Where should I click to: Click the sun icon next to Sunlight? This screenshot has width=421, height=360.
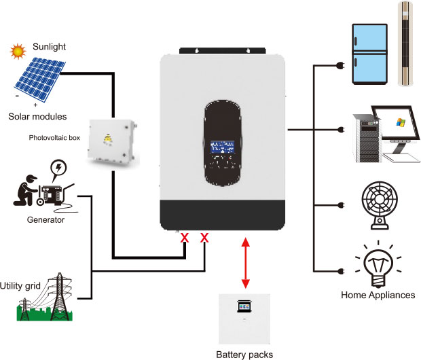[x=18, y=51]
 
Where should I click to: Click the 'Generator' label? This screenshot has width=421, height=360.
[x=44, y=220]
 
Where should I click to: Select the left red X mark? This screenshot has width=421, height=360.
[x=184, y=238]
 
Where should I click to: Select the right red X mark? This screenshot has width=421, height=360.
[x=204, y=238]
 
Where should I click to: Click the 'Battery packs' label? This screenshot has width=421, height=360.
[x=244, y=354]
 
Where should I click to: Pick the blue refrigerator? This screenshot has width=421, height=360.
[x=371, y=54]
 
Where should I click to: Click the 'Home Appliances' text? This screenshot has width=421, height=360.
[x=378, y=295]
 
